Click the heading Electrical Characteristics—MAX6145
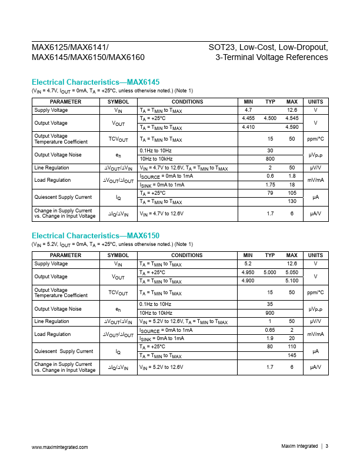click(x=95, y=82)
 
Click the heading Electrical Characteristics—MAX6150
click(x=95, y=236)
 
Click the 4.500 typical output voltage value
click(x=270, y=119)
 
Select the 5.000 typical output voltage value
click(x=270, y=272)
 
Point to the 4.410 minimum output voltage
click(x=248, y=127)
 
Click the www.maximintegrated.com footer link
click(x=59, y=447)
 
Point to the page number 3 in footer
click(x=326, y=447)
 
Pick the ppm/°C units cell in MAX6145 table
click(x=316, y=139)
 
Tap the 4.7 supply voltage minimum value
click(x=248, y=110)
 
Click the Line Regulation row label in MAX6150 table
click(x=48, y=321)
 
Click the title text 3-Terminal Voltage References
click(x=272, y=58)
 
